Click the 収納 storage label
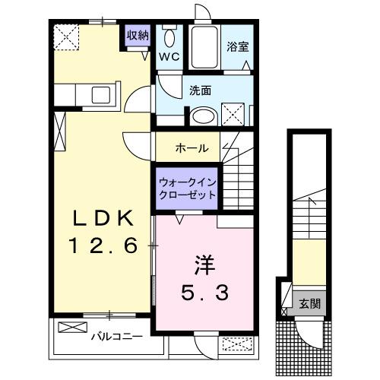tap(138, 35)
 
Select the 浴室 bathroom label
tap(237, 46)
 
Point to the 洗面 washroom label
tap(200, 90)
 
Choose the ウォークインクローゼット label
tap(187, 188)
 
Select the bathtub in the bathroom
tap(203, 48)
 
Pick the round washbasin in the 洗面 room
tap(204, 116)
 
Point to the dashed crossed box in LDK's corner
tap(67, 35)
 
